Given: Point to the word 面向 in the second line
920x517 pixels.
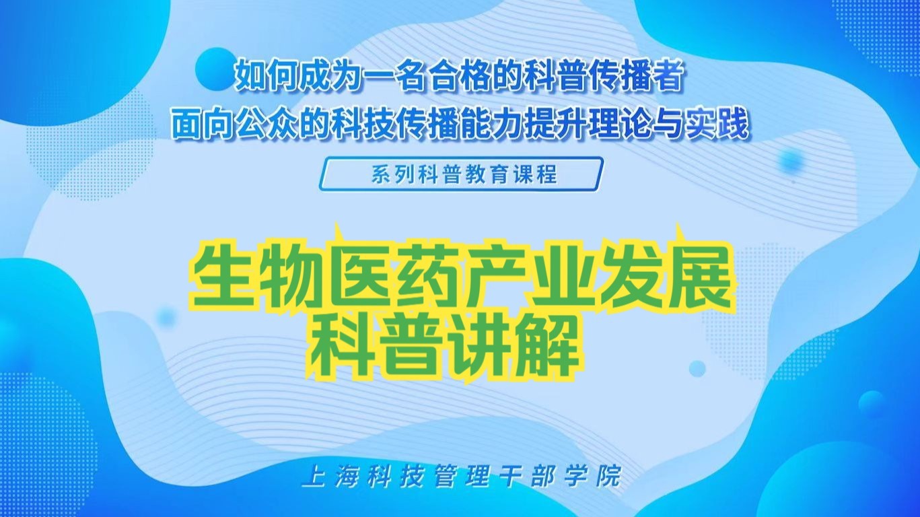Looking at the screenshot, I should [196, 125].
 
